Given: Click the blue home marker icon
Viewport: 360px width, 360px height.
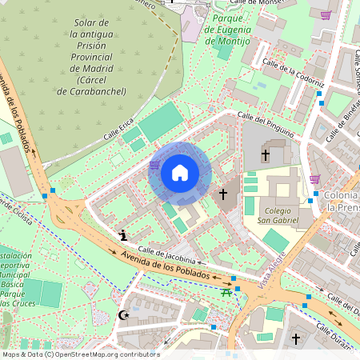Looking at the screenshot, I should pyautogui.click(x=180, y=173).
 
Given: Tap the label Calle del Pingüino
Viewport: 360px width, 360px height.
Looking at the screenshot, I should pyautogui.click(x=270, y=123).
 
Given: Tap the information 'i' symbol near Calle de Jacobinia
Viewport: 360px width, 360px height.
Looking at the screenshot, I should pyautogui.click(x=122, y=235).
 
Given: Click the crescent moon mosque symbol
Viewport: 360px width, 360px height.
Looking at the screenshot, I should pyautogui.click(x=123, y=316).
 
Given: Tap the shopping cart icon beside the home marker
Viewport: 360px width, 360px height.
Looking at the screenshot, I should pyautogui.click(x=154, y=165).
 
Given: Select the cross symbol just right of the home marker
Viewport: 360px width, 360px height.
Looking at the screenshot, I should pyautogui.click(x=225, y=194).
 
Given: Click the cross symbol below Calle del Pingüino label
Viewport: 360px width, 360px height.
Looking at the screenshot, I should pyautogui.click(x=266, y=154).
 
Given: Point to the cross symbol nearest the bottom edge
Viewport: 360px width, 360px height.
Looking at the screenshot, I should pyautogui.click(x=295, y=339).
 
